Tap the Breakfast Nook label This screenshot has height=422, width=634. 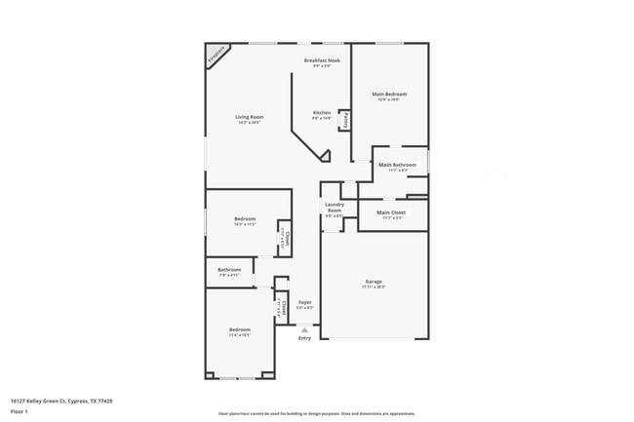pos(321,61)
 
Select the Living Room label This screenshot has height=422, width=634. pos(249,118)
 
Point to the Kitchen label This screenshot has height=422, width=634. pos(321,113)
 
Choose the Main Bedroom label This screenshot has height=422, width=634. pos(389,95)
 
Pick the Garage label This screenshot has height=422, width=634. pos(374,282)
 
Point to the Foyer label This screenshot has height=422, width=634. pos(305,303)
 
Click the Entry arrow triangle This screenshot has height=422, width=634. pos(304,330)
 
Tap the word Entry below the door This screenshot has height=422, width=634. pos(304,338)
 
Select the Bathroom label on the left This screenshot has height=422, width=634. pos(229,270)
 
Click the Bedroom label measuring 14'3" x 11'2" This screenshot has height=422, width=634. pos(245,219)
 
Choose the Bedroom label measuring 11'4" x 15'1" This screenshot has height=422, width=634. pos(239,330)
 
